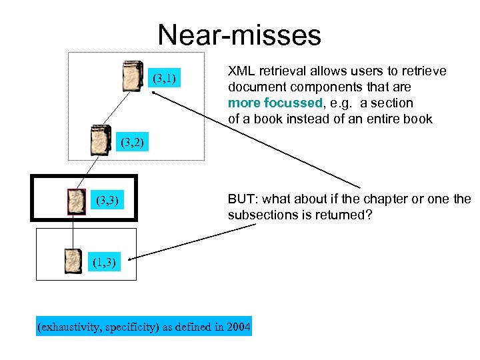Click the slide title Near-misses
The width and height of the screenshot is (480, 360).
[x=239, y=35]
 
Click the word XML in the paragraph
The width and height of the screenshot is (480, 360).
[x=241, y=71]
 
